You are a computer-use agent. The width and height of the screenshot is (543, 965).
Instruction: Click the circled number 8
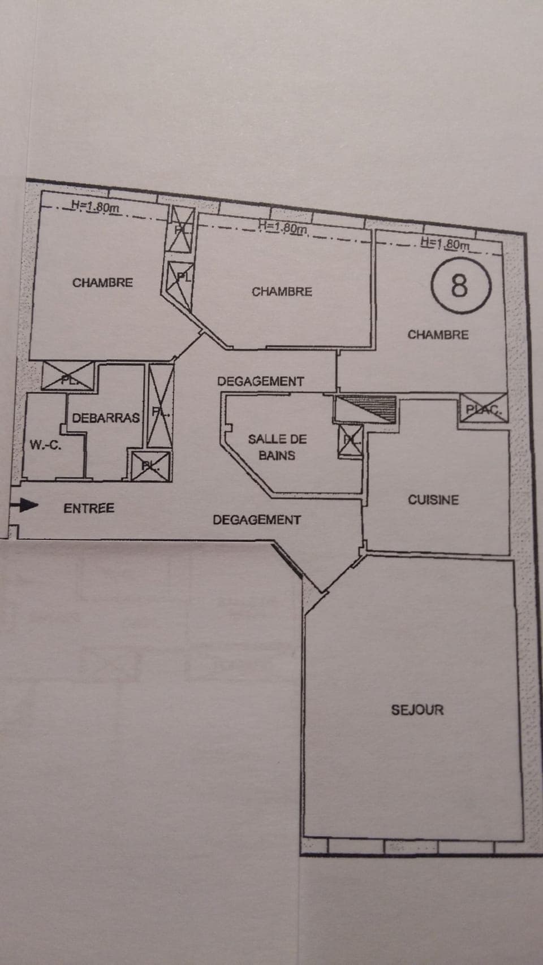coord(459,285)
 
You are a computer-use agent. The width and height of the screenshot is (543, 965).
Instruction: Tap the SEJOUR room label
coord(417,709)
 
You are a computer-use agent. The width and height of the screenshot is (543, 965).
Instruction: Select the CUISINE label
coord(433,500)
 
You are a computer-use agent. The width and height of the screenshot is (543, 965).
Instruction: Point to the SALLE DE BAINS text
coord(277,447)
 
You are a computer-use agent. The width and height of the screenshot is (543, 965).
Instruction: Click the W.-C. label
coord(45,445)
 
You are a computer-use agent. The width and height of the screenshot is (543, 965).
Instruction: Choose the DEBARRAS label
coord(106,418)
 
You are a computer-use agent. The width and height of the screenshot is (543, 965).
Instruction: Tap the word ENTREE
coord(89,508)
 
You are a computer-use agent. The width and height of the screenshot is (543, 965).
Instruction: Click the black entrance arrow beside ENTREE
coord(25,505)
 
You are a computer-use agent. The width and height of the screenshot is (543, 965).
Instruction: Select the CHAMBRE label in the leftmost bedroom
coord(102,282)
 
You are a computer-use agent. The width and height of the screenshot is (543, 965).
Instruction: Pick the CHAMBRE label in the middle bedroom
coord(282,292)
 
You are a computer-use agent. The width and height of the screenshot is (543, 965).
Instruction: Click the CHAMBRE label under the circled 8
coord(438,335)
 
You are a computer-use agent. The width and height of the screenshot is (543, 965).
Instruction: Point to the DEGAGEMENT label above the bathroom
coord(260,382)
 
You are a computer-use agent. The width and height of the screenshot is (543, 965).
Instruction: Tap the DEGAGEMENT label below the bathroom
coord(257,520)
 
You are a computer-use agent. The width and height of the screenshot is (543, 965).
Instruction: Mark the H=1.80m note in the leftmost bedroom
coord(94,207)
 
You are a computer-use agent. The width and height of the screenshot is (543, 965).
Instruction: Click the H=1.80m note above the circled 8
coord(445,244)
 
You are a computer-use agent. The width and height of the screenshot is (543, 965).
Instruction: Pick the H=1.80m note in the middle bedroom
coord(282,227)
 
